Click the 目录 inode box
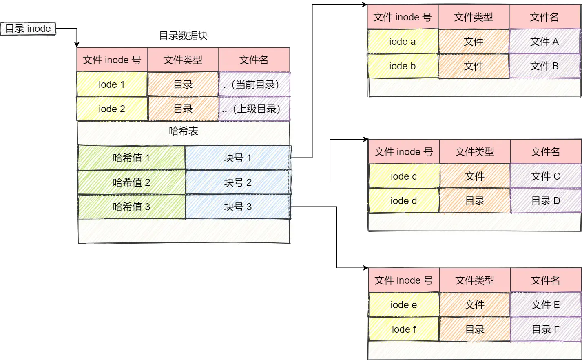tap(28, 29)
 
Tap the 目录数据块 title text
tap(183, 36)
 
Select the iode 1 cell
tap(112, 84)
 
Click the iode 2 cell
tap(112, 109)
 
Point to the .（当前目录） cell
tap(254, 84)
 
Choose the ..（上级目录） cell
tap(254, 109)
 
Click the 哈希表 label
tap(183, 131)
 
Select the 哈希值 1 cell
tap(131, 158)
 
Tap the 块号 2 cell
tap(238, 182)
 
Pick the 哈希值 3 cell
tap(131, 207)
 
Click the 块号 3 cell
tap(238, 207)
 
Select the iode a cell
tap(403, 42)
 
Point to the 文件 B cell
tap(544, 66)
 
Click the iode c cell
tap(404, 176)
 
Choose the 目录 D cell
tap(546, 201)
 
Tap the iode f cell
tap(404, 329)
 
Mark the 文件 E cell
tap(546, 305)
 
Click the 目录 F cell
tap(546, 329)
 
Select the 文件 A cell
tap(544, 42)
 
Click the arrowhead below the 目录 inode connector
tap(77, 44)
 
